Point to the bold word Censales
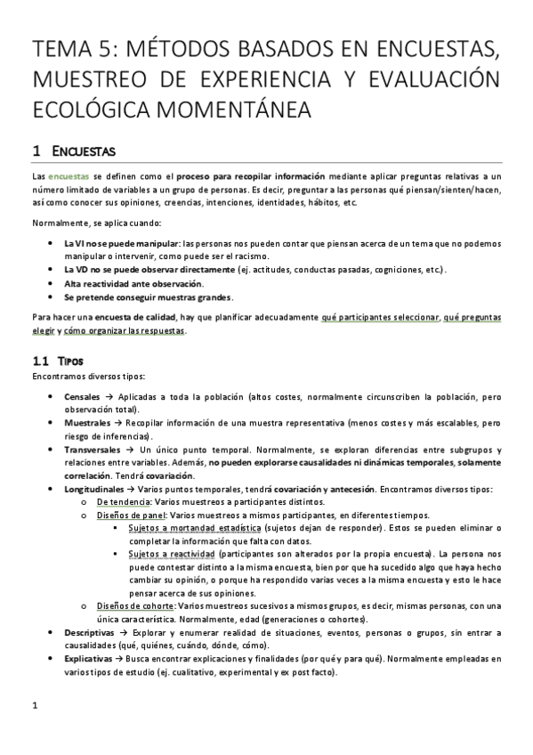point(82,394)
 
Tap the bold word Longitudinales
point(93,489)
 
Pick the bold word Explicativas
point(90,658)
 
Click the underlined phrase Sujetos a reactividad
point(171,553)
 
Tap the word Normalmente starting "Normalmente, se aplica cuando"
point(59,221)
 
